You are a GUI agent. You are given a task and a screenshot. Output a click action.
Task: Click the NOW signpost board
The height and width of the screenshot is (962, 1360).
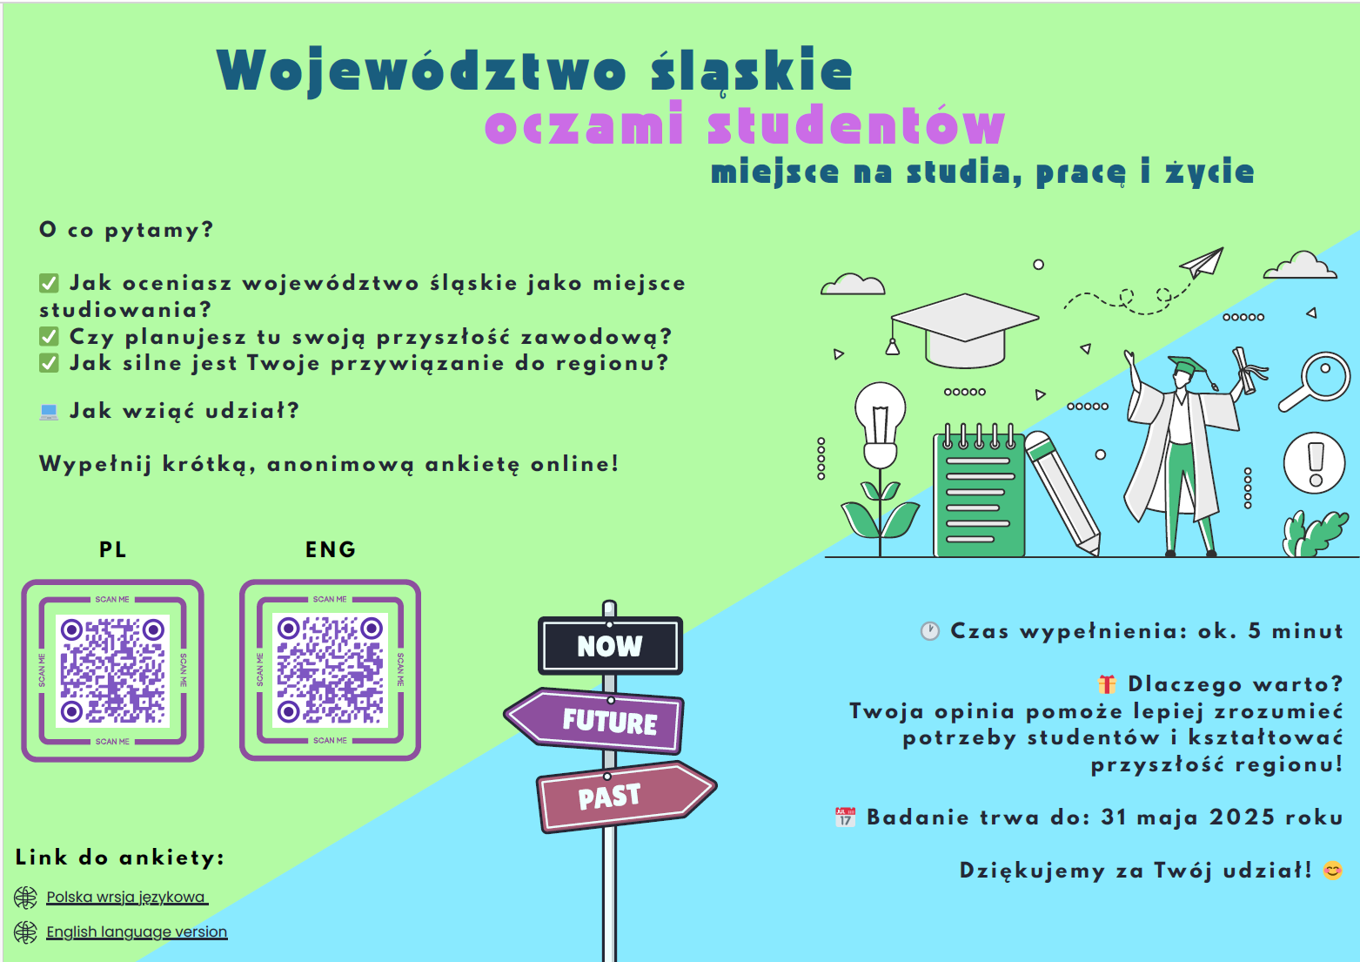click(x=610, y=646)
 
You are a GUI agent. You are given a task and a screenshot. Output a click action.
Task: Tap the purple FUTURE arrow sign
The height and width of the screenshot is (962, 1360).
click(x=594, y=721)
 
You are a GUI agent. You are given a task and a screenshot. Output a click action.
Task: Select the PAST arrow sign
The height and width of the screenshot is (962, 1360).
click(x=626, y=797)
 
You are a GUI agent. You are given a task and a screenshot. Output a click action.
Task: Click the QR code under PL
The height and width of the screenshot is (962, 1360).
click(x=112, y=670)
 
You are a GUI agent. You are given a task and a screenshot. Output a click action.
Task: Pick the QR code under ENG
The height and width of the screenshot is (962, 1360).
click(x=331, y=669)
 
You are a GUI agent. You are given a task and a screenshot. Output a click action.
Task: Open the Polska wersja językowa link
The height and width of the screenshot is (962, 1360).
click(x=127, y=897)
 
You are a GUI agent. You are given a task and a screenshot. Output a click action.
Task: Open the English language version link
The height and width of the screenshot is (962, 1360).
click(x=137, y=932)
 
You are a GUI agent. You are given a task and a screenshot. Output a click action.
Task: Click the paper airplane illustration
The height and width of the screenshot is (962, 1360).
click(x=1203, y=262)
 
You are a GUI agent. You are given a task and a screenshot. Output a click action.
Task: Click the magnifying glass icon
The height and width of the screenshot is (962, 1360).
click(x=1316, y=380)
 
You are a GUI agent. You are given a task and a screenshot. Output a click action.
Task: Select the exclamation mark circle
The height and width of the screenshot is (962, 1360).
click(x=1315, y=463)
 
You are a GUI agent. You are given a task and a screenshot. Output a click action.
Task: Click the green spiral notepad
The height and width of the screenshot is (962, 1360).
click(x=979, y=491)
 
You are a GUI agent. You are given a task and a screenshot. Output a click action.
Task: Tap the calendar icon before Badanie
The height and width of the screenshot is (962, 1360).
click(x=845, y=817)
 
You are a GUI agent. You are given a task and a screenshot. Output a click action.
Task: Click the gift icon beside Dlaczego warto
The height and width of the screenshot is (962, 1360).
click(x=1107, y=684)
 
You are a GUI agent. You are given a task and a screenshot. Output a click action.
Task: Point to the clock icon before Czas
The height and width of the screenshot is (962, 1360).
click(x=929, y=631)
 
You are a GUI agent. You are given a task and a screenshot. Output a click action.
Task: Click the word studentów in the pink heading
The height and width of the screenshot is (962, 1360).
click(x=857, y=124)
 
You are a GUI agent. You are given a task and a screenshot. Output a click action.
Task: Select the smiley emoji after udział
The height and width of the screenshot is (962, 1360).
click(x=1333, y=871)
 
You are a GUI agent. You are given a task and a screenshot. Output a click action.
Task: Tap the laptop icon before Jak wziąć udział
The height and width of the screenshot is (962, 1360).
click(x=49, y=412)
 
